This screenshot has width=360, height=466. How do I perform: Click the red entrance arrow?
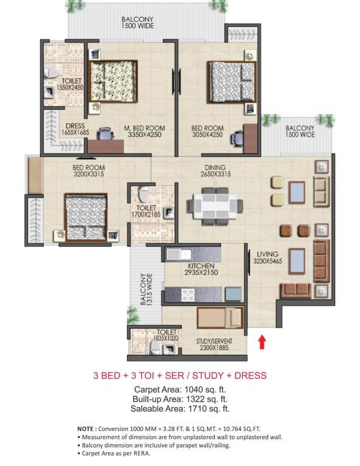(262, 342)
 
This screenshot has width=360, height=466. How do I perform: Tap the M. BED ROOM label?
(144, 128)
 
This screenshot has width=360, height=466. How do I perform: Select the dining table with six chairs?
(215, 206)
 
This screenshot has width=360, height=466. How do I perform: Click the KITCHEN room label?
(202, 266)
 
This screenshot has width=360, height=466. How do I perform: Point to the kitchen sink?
(179, 254)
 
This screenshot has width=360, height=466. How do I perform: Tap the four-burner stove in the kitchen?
(188, 294)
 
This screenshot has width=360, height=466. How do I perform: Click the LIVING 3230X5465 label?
(268, 258)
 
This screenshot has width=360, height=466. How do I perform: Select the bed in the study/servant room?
(220, 318)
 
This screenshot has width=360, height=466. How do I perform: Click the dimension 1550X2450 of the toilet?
(70, 87)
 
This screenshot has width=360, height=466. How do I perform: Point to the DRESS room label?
(75, 126)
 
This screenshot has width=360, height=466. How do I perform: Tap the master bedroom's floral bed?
(113, 81)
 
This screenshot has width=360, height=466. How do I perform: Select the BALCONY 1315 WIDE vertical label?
(146, 289)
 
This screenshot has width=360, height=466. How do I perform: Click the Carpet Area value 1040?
(194, 390)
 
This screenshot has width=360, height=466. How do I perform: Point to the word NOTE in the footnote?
(86, 429)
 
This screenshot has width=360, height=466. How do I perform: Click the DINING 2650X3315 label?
(216, 171)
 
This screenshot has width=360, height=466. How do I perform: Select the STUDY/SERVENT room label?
(214, 341)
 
